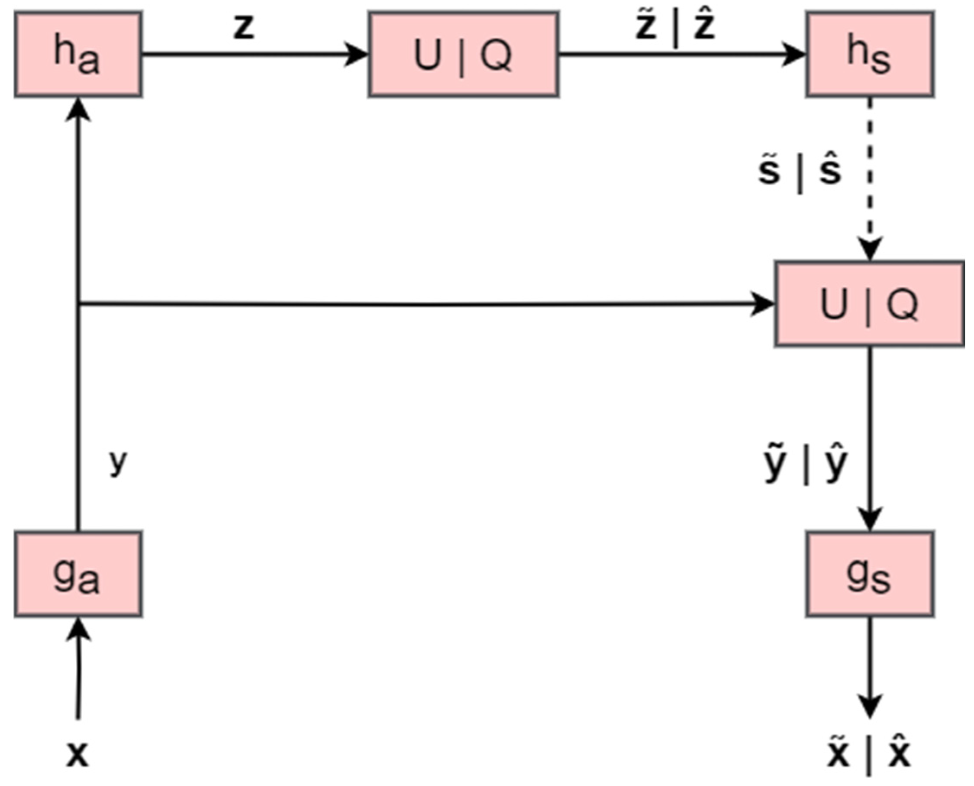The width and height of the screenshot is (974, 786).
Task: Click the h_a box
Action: (78, 54)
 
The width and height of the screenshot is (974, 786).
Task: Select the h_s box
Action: (870, 54)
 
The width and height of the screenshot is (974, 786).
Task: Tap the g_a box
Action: (78, 574)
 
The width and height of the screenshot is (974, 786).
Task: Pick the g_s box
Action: (870, 574)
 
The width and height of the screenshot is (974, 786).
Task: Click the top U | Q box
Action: (463, 54)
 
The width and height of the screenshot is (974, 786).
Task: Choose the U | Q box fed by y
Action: (870, 304)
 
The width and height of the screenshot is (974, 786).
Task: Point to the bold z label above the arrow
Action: (244, 27)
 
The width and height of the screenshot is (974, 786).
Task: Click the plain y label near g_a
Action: (118, 461)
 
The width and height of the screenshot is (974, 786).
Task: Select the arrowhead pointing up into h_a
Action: (78, 110)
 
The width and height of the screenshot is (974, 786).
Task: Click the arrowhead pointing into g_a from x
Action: (79, 629)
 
